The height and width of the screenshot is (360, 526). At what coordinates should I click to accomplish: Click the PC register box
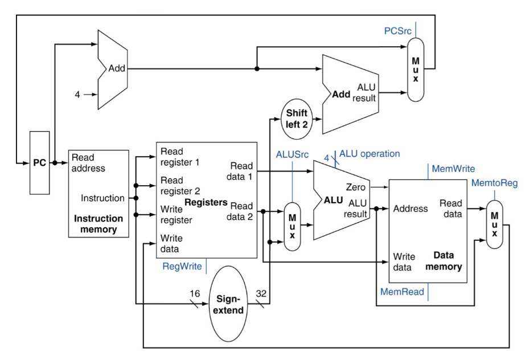[39, 163]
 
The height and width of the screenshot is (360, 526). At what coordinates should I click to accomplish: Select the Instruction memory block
[98, 194]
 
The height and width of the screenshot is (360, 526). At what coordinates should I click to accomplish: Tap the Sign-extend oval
[231, 304]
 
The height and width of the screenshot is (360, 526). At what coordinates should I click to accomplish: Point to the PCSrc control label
[397, 30]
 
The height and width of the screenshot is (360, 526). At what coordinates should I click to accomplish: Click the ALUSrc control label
[292, 154]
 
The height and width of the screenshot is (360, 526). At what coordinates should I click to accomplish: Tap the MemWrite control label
[453, 169]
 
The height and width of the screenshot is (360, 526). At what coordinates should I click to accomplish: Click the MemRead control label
[402, 292]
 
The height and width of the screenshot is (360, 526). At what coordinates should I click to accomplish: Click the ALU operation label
[369, 154]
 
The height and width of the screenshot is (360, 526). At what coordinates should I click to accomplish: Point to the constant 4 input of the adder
[77, 94]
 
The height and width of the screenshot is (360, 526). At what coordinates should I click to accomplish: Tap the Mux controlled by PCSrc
[416, 69]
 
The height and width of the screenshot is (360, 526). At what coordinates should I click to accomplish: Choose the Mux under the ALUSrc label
[292, 226]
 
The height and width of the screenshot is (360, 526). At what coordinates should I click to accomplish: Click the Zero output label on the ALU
[356, 186]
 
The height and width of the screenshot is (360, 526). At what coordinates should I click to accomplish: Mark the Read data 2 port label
[241, 211]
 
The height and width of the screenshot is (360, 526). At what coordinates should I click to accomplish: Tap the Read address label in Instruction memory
[88, 162]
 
